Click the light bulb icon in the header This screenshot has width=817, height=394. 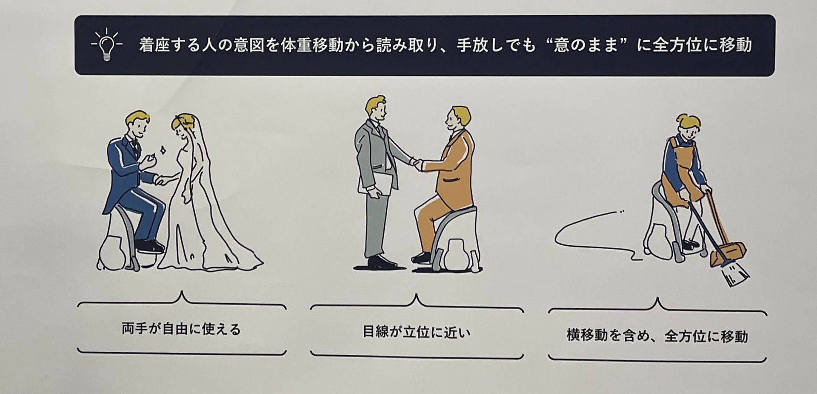(x=106, y=44)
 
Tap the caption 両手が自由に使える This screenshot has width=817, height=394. (x=181, y=329)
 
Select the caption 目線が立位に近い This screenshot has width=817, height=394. (x=417, y=332)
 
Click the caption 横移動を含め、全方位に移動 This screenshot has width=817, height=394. (x=657, y=336)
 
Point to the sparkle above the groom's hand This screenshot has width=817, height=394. (x=162, y=150)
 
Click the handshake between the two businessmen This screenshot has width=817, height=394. (x=417, y=163)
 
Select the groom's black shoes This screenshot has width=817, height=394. (x=149, y=246)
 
